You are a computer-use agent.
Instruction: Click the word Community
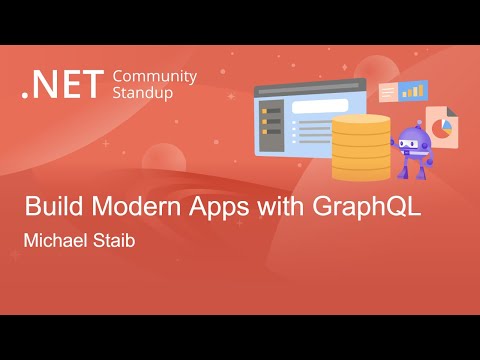155,77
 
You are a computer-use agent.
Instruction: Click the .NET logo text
63,85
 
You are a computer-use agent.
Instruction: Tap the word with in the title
271,211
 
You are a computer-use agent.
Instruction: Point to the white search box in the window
319,106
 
